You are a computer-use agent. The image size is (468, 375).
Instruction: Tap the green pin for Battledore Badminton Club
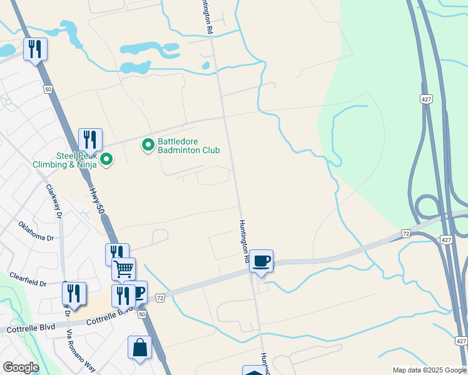(x=148, y=146)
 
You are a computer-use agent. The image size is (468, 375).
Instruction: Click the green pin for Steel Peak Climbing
(x=106, y=160)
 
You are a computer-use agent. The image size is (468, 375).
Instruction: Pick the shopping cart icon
(x=124, y=269)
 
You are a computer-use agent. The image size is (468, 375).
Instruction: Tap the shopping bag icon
(x=140, y=347)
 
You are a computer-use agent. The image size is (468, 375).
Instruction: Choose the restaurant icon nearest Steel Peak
(x=90, y=139)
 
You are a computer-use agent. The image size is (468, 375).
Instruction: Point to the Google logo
(x=21, y=367)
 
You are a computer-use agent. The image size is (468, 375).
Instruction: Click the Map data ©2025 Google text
(x=429, y=370)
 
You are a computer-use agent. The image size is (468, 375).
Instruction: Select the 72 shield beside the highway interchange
(x=406, y=233)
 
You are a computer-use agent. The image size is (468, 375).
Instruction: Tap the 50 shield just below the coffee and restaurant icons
(x=142, y=314)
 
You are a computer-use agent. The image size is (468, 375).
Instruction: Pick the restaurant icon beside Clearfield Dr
(x=74, y=293)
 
